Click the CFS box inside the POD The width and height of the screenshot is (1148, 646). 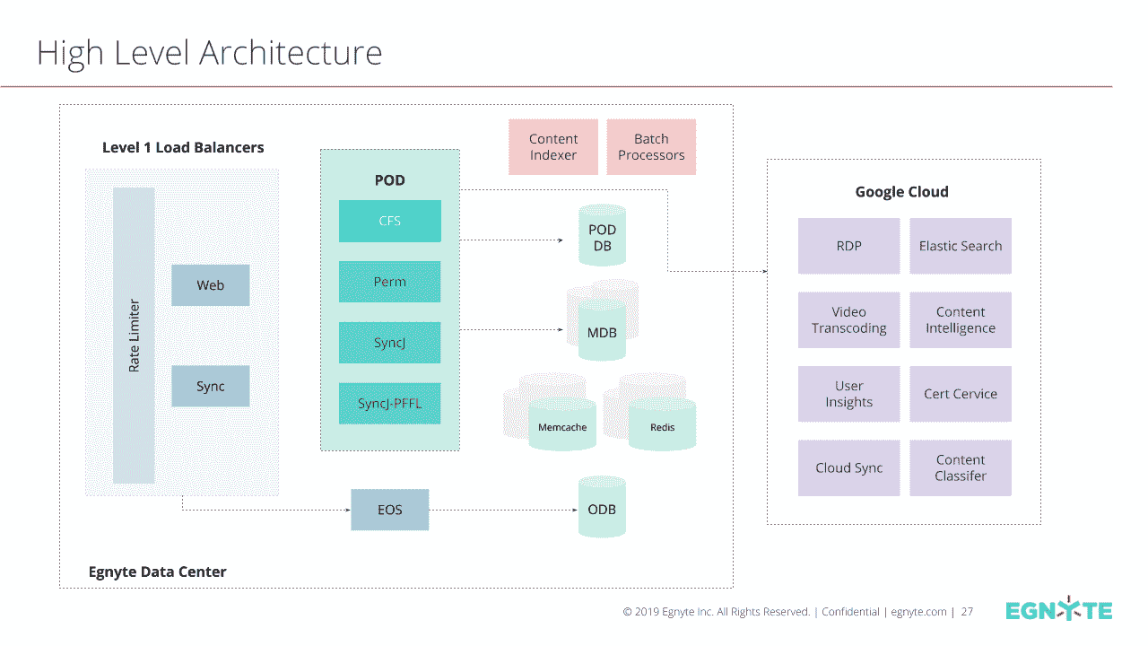[389, 221]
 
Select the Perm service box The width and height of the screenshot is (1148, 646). [389, 282]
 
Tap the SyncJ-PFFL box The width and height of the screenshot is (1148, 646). [389, 404]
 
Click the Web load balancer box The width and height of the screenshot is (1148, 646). [211, 285]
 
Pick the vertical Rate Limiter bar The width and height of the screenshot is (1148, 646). [134, 336]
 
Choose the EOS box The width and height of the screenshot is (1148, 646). [390, 510]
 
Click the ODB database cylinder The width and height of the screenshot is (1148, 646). [602, 507]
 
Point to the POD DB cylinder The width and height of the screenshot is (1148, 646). [602, 235]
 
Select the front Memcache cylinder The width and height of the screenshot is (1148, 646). [562, 424]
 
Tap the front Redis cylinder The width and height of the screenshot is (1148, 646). [662, 424]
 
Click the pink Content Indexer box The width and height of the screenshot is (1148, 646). [553, 146]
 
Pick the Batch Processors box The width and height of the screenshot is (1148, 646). [651, 146]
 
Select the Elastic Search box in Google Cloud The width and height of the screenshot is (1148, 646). [961, 246]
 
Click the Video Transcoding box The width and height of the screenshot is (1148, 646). [849, 320]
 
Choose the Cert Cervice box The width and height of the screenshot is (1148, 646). [961, 394]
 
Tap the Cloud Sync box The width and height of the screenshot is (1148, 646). [849, 467]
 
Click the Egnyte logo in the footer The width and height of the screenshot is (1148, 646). [1059, 609]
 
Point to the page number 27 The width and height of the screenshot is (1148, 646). [967, 612]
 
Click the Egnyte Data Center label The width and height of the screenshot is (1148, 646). [157, 572]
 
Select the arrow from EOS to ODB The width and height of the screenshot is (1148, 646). [503, 510]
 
